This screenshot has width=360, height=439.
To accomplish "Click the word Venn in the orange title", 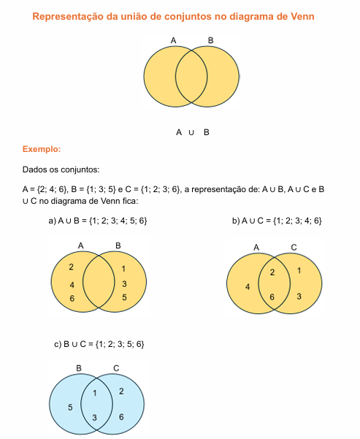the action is tap(302, 16).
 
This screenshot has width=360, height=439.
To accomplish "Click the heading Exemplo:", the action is tap(42, 149).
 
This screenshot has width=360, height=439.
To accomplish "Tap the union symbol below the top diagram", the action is tap(191, 132).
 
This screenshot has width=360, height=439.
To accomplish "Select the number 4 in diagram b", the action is tap(248, 286).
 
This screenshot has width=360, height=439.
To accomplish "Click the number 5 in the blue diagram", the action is tap(70, 407).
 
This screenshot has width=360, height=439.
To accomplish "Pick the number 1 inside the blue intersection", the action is tap(95, 393).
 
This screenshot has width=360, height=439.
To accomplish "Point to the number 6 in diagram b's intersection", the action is tap(272, 297).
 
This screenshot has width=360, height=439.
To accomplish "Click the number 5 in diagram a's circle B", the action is tap(124, 297).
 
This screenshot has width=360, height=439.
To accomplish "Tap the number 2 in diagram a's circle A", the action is tap(72, 267).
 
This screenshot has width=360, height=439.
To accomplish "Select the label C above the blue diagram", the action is tap(116, 368).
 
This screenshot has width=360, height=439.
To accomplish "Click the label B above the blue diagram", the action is tap(79, 368).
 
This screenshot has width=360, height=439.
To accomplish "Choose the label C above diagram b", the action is tap(294, 247).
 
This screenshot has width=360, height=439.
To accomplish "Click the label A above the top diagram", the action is tap(174, 41).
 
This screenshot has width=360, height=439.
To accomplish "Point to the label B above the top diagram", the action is tap(210, 41).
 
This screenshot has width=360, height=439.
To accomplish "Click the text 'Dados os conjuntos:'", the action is tap(61, 169).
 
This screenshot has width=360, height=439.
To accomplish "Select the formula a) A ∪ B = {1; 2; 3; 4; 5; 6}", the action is tap(98, 221).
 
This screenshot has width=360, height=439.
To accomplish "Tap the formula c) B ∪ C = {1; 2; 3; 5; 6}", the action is tap(99, 344).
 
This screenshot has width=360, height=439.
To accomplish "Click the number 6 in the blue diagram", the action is tap(121, 417).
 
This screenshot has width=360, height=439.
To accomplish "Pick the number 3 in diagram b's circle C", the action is tap(299, 297).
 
